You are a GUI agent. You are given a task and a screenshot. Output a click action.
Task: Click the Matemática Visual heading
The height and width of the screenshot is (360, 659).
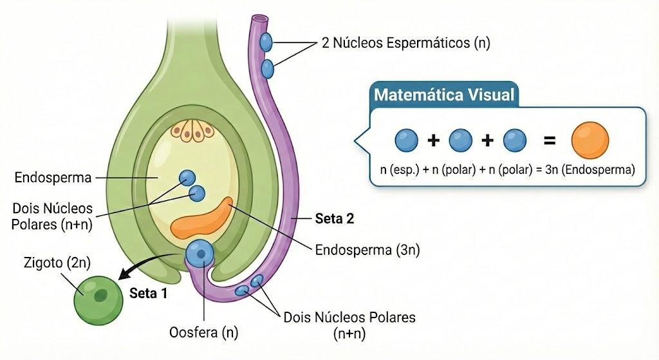tap(444, 95)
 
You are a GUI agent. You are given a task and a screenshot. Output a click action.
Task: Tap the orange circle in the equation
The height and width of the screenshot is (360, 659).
tap(589, 140)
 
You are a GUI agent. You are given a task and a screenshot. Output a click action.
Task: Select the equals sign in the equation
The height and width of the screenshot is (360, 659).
tap(550, 140)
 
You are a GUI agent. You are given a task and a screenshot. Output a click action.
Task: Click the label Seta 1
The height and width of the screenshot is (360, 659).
tap(149, 293)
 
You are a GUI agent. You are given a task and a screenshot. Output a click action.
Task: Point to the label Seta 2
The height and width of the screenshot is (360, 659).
tap(335, 219)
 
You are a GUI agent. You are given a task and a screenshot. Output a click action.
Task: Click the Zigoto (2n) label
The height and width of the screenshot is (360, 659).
tap(57, 263)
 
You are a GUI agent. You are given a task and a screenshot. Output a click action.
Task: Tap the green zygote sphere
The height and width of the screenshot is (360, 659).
tap(98, 300)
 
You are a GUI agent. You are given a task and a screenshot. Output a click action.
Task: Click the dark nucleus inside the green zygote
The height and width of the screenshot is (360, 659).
tap(100, 296)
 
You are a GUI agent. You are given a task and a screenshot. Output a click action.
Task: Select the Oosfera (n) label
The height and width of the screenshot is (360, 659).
tap(204, 332)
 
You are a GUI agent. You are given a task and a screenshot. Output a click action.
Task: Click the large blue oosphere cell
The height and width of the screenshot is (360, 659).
tap(200, 254)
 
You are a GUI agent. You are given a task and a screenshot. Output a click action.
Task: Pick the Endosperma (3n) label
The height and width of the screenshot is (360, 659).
tap(367, 250)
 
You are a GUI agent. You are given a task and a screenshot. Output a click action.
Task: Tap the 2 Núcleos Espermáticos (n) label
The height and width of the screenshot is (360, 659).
tap(406, 43)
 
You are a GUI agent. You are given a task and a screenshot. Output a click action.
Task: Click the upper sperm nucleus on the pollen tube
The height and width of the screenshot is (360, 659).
tap(266, 42)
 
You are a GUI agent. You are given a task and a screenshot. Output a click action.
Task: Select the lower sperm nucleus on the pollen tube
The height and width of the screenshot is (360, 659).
tap(267, 69)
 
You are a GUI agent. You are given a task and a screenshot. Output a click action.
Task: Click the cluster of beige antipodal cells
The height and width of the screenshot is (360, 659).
tap(192, 130)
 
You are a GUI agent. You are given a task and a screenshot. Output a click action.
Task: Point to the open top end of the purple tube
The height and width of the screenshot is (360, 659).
tap(260, 19)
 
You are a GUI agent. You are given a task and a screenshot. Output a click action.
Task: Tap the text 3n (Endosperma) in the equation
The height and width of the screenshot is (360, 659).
tap(590, 170)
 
